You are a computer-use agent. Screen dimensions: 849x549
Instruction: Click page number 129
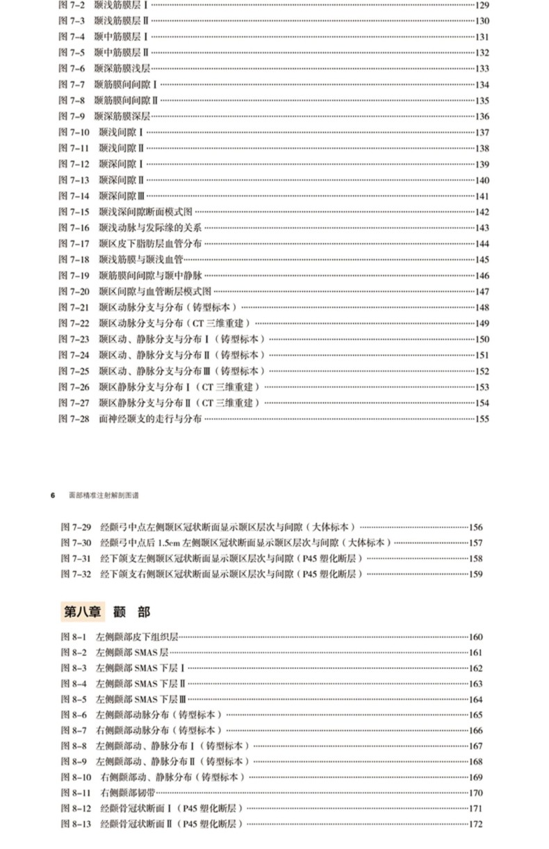tap(482, 5)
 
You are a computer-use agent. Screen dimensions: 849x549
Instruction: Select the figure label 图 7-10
tap(74, 132)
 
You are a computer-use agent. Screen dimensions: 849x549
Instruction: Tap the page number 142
tap(482, 212)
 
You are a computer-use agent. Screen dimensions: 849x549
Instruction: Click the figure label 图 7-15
tap(74, 212)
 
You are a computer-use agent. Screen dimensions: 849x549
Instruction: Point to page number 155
tap(482, 419)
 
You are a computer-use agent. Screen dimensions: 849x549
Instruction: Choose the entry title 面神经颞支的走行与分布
tap(151, 419)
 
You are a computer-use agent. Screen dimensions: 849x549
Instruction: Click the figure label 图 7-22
tap(74, 323)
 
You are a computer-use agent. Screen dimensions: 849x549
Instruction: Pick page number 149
tap(482, 323)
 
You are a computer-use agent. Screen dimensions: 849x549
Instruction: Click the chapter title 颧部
tap(131, 612)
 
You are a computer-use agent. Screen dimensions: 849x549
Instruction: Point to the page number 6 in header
tap(52, 495)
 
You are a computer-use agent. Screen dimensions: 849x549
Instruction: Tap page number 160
tap(475, 636)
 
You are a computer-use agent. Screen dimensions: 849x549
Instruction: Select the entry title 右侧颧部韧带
tap(129, 793)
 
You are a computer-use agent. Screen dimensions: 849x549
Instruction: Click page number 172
tap(475, 825)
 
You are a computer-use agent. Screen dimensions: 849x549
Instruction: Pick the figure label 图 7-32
tap(76, 574)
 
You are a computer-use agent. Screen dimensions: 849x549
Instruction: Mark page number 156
tap(475, 527)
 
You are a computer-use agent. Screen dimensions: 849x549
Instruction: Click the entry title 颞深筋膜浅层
tap(122, 68)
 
